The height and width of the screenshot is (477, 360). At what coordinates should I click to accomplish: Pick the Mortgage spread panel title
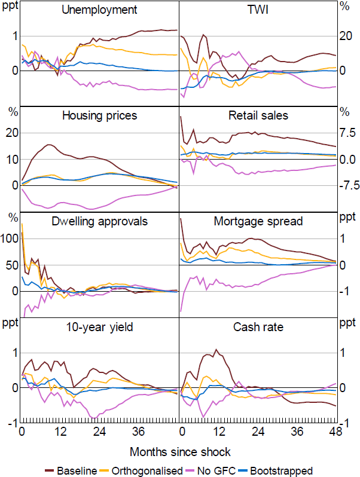tap(258, 221)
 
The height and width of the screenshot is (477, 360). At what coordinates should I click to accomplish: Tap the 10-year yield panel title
tap(99, 327)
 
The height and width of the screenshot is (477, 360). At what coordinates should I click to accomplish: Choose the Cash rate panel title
tap(258, 327)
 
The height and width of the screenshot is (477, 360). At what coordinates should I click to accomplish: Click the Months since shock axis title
tap(179, 451)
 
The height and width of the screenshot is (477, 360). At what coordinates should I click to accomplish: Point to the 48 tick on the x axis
tap(335, 432)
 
